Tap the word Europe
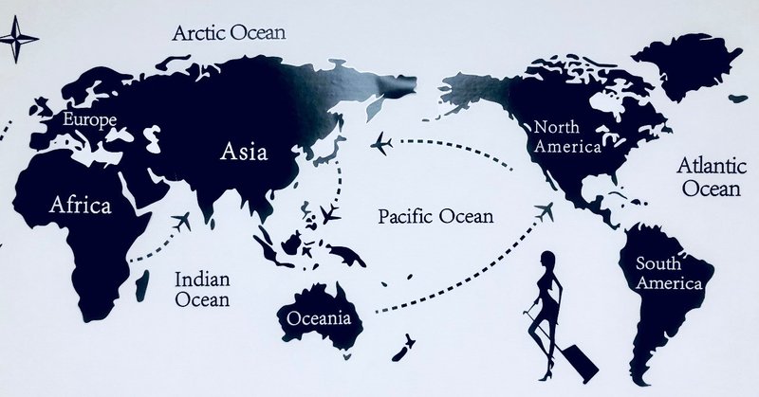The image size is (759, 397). tap(89, 119)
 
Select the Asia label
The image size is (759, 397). tap(244, 152)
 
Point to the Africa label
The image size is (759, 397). tap(80, 205)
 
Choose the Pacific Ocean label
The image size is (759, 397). tap(435, 216)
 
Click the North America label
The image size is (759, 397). tap(567, 136)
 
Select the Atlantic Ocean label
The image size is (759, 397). tap(706, 177)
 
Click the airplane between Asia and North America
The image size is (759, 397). tap(381, 144)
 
